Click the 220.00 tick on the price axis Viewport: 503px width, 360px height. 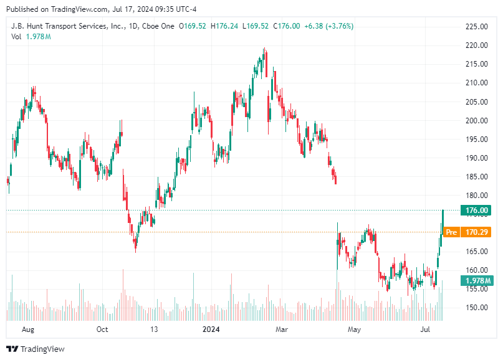476,45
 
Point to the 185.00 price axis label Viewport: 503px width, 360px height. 476,176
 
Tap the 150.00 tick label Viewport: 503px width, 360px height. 476,307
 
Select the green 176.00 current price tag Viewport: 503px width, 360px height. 476,211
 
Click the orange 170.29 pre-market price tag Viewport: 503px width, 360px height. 476,232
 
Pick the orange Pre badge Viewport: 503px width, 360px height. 452,232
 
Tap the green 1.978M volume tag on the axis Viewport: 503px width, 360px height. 476,281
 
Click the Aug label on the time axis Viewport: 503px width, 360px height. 28,329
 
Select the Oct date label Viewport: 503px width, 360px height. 102,329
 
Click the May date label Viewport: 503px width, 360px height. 355,329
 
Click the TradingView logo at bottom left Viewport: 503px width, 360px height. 36,349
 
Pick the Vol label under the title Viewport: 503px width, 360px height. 16,37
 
